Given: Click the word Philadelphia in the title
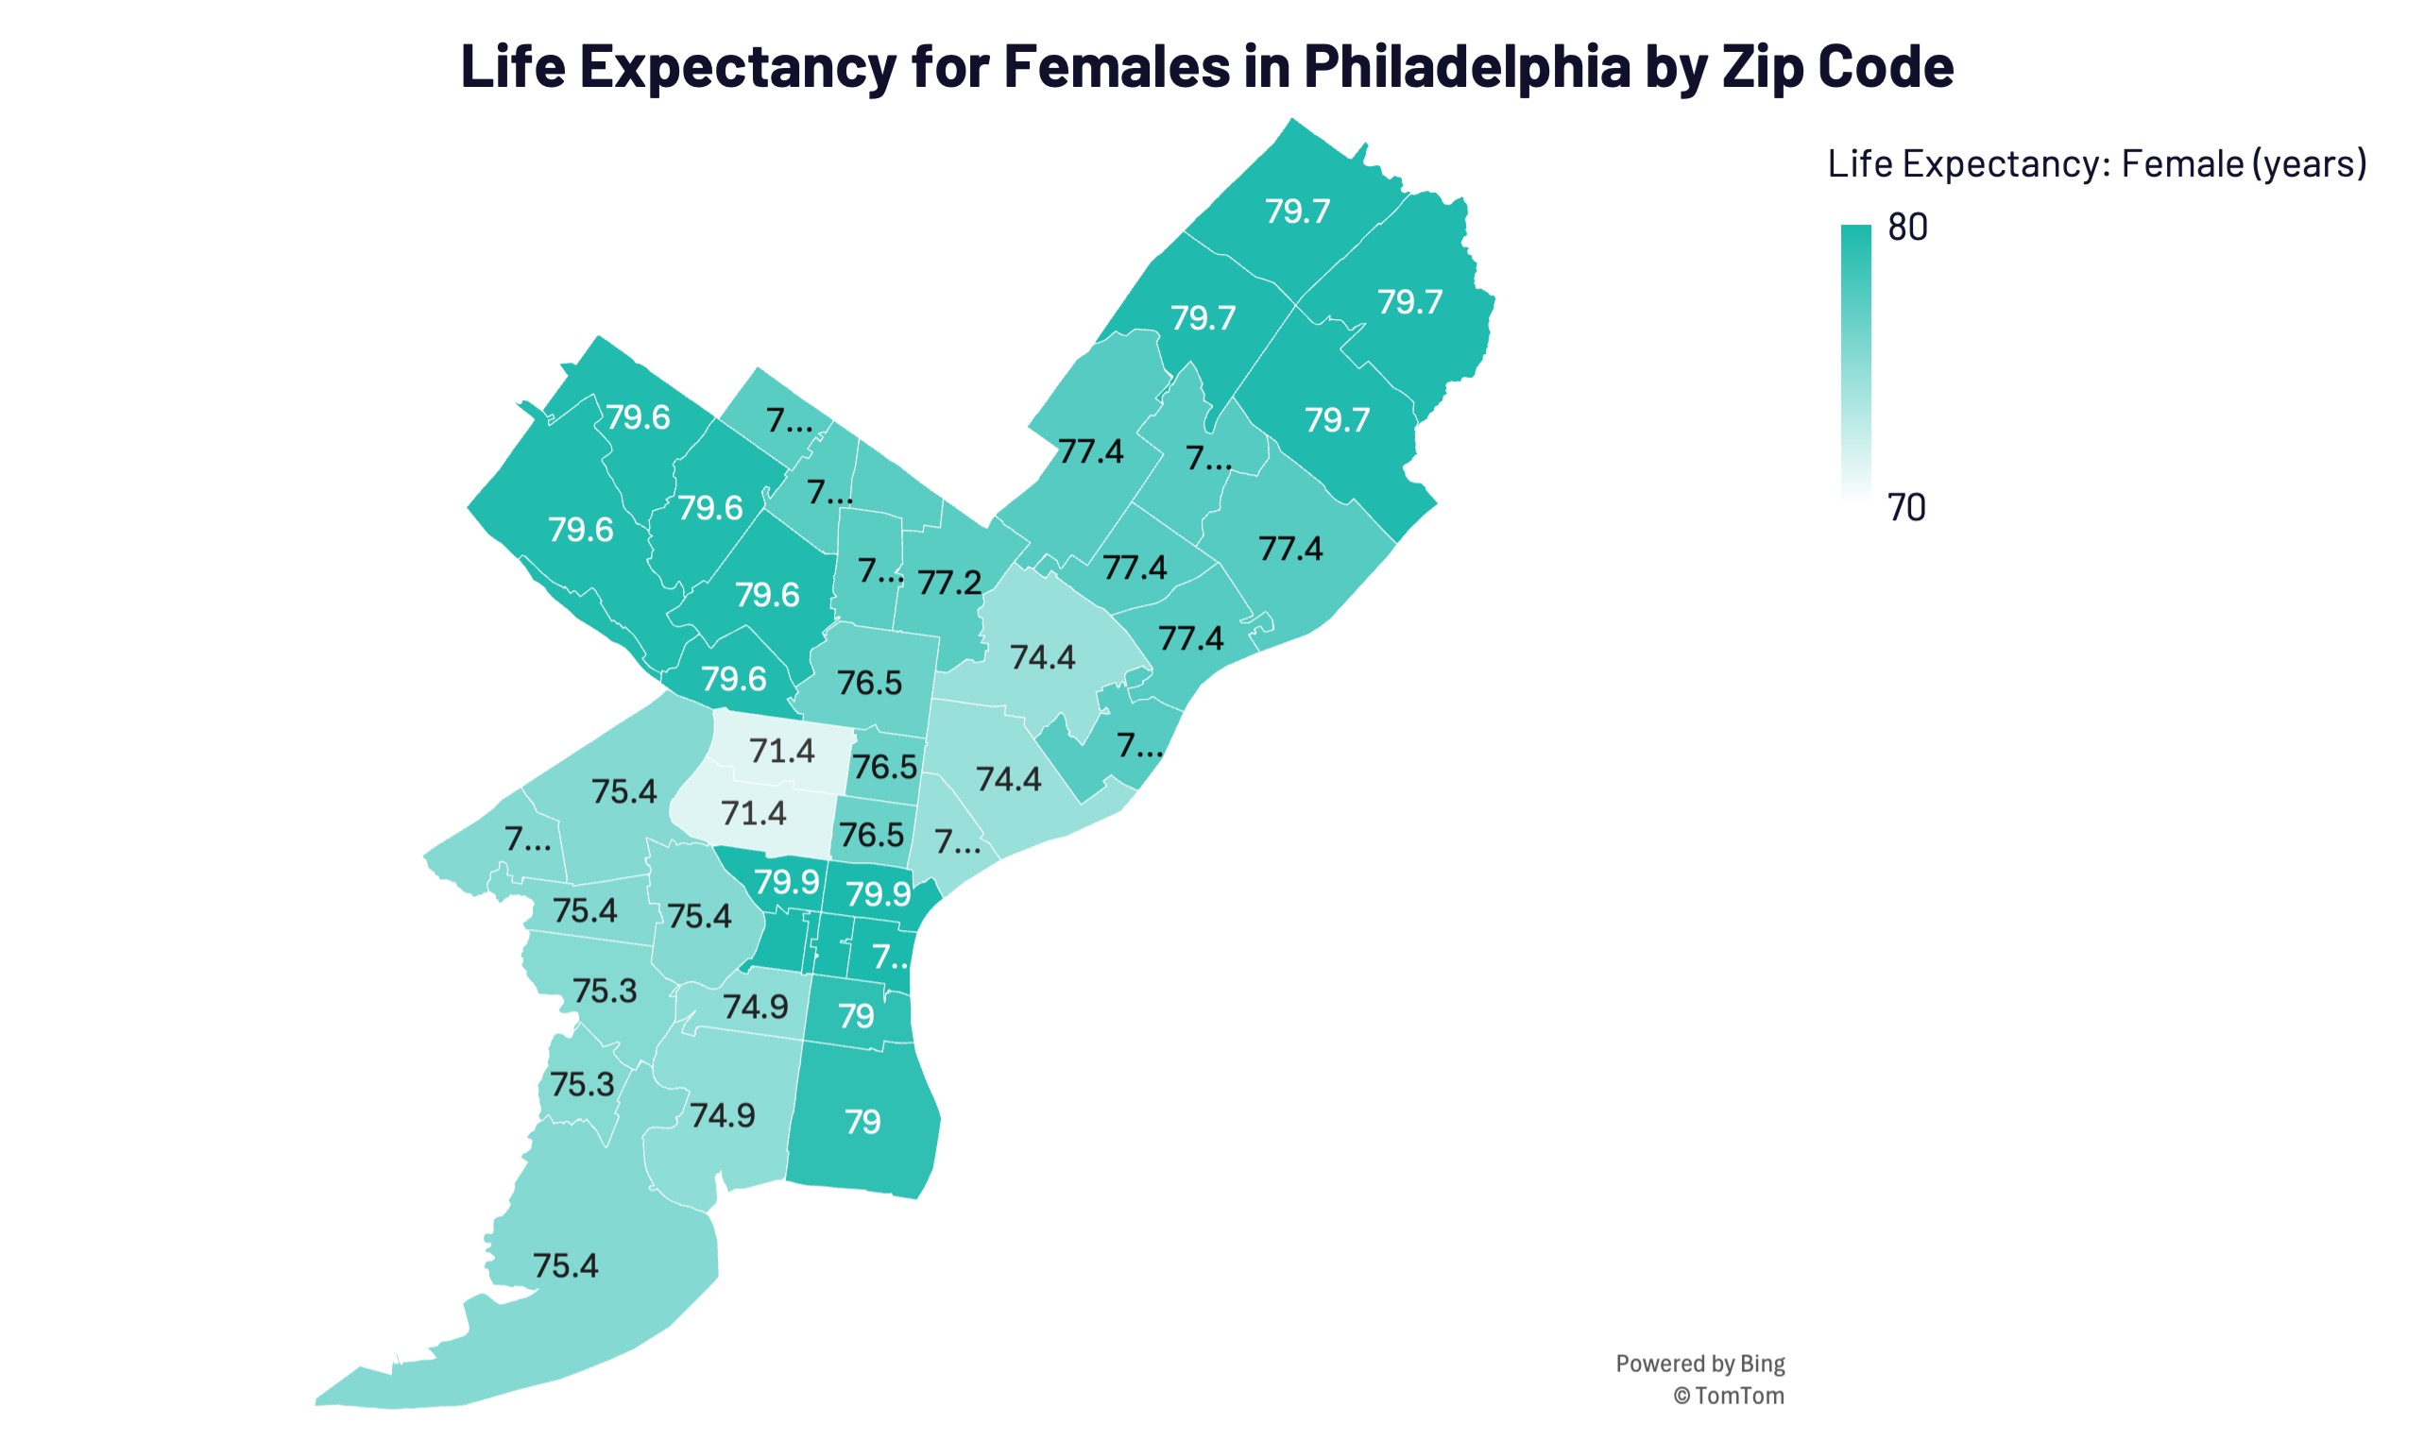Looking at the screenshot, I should (1465, 66).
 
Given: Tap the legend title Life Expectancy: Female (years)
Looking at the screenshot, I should (2096, 163).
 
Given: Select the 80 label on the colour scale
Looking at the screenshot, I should (1906, 228).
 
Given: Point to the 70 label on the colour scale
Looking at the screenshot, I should (1905, 507).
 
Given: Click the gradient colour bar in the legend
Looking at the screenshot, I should (1855, 359).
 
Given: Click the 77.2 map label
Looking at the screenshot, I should (948, 583).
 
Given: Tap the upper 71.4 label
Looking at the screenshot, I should (782, 751).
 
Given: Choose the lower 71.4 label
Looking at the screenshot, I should (754, 813).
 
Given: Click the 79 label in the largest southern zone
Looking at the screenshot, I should (862, 1122).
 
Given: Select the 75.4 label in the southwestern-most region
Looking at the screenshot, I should (565, 1265).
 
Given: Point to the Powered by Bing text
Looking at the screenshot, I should (1699, 1364).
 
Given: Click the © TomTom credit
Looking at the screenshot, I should (1728, 1396).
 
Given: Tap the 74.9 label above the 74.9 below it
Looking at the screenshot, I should (756, 1006).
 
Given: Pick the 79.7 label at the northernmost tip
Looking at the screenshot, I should (1297, 212).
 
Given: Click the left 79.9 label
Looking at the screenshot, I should (787, 882).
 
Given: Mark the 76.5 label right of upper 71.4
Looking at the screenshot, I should (885, 767).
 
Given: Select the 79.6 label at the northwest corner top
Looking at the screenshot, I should (638, 416).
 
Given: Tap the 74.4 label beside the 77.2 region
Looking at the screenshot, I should (1042, 657).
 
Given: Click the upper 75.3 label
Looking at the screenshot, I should (604, 991).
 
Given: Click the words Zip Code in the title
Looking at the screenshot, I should (1837, 66).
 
